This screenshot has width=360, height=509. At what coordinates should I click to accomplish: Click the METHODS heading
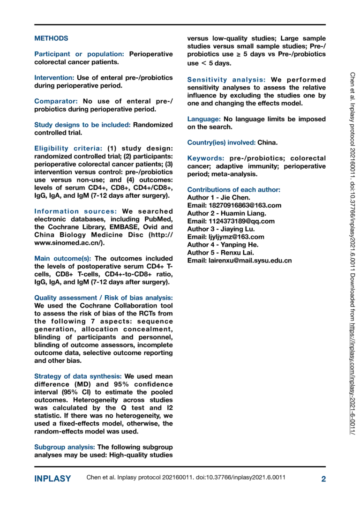click(x=51, y=38)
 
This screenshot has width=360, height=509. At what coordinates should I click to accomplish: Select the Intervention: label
click(x=54, y=78)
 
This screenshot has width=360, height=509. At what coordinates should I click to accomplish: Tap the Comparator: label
click(x=57, y=101)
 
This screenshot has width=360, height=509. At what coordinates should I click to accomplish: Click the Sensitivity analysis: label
click(x=227, y=80)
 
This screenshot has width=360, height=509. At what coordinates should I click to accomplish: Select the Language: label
click(x=204, y=119)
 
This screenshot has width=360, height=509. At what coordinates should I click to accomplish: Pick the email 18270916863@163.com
click(x=243, y=205)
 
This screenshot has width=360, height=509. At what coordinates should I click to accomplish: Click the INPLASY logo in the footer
click(x=52, y=479)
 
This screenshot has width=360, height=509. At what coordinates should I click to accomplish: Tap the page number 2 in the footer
click(x=323, y=479)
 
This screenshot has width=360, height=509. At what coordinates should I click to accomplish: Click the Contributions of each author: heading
click(x=233, y=190)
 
